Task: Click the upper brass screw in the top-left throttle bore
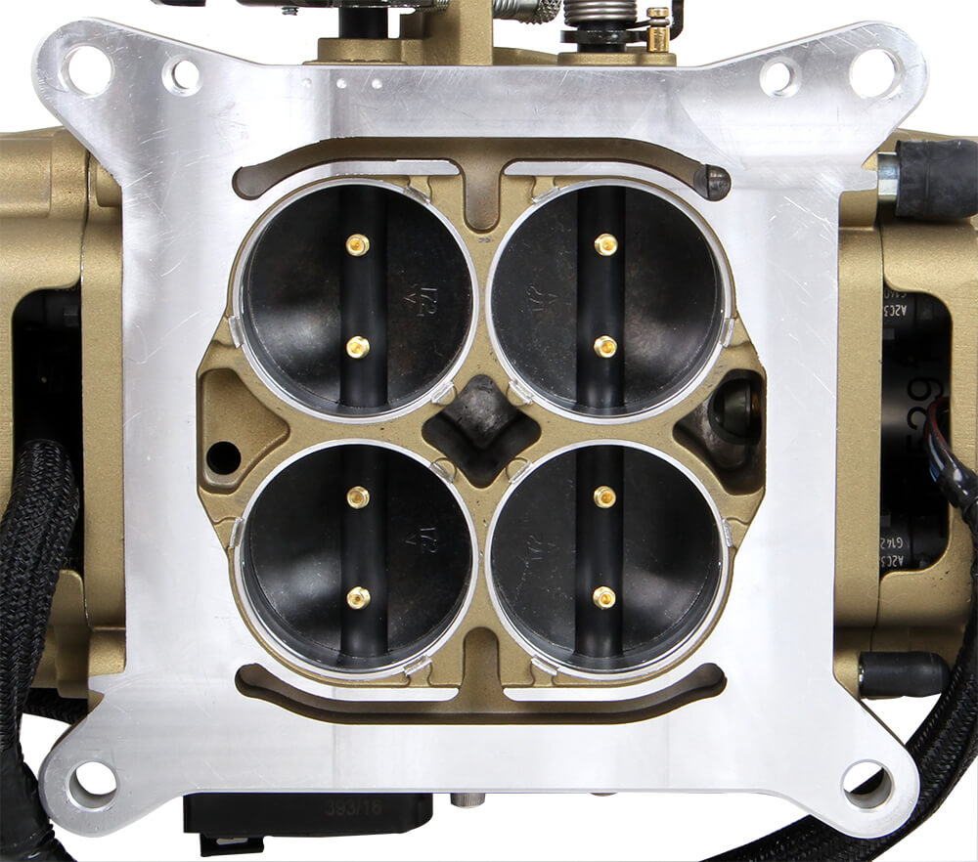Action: (358, 245)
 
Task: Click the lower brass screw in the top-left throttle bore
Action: (358, 346)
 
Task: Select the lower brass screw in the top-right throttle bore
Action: (606, 346)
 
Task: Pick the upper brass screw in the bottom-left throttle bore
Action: (358, 497)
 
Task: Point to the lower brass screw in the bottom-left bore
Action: (358, 597)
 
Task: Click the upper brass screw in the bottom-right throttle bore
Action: (605, 497)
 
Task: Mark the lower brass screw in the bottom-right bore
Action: (605, 597)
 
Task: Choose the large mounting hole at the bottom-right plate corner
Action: (867, 782)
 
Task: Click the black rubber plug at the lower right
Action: (905, 674)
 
